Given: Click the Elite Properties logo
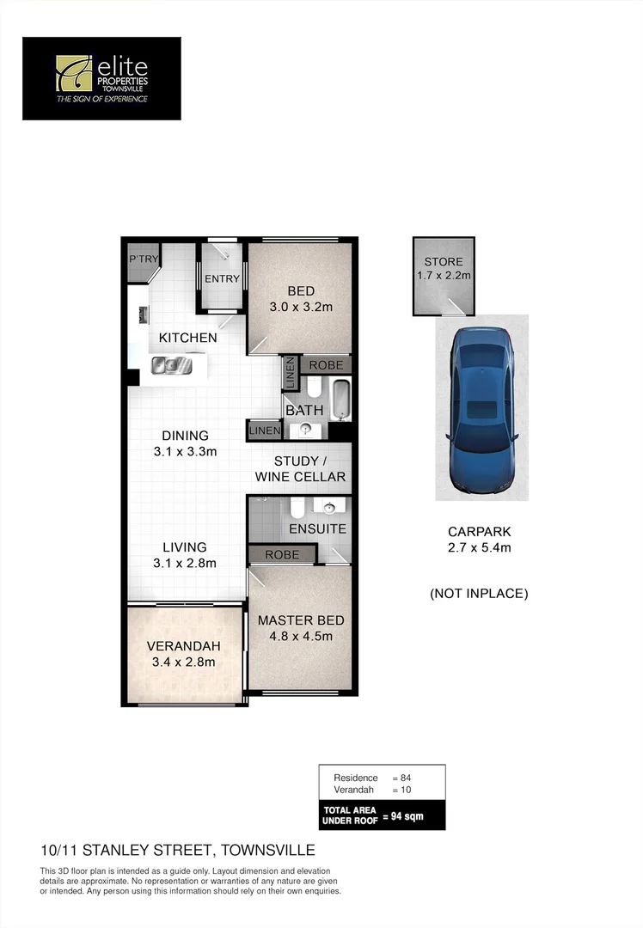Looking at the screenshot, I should tap(101, 78).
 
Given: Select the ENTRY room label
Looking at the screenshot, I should tap(222, 278).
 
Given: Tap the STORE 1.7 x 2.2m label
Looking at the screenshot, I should tap(444, 268).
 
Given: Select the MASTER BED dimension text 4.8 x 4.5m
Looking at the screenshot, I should tap(301, 637).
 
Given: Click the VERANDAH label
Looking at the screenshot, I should tap(183, 646).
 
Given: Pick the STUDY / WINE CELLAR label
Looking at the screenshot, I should tap(300, 469).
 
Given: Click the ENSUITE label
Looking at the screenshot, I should tap(317, 528).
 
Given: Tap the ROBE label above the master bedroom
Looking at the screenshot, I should tap(282, 555).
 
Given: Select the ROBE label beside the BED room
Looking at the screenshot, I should tap(326, 364).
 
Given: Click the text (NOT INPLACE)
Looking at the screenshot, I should tap(479, 593).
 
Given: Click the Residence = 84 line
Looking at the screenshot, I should tap(372, 778).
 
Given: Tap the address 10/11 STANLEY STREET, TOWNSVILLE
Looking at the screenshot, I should tap(178, 851).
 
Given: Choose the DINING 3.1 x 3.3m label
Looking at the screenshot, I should tap(185, 443).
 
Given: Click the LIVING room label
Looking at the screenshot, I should tap(185, 546).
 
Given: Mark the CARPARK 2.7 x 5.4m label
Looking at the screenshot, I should tap(480, 539).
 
